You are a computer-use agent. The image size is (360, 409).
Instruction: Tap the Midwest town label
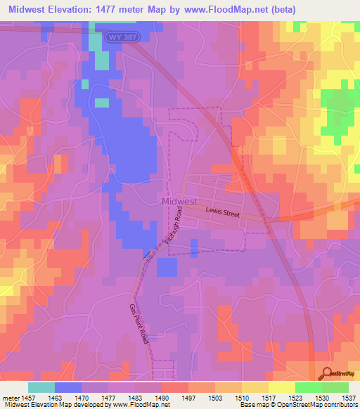[x=179, y=201]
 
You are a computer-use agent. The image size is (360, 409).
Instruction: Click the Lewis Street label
[x=223, y=212]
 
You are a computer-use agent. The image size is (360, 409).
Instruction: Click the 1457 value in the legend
[x=27, y=398]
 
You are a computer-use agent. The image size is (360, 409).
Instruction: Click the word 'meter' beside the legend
[x=10, y=398]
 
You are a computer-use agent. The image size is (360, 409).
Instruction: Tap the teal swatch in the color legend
[x=41, y=387]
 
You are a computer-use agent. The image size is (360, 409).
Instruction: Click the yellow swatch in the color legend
[x=281, y=387]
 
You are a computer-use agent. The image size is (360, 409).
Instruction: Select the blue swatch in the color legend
[x=67, y=387]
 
